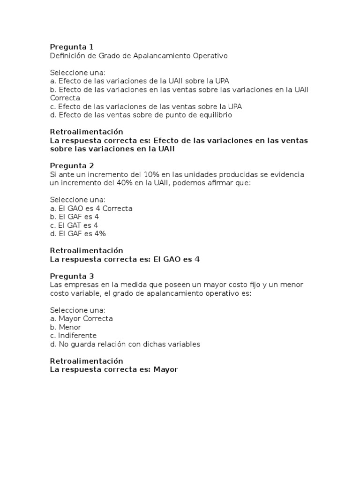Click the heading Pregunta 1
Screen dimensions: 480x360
tap(72, 47)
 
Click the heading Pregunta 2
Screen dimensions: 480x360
tap(72, 166)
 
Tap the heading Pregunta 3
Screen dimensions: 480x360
tap(72, 276)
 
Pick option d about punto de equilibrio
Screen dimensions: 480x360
tap(141, 115)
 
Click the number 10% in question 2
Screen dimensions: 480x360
tap(152, 174)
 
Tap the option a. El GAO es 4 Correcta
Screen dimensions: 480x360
tap(91, 208)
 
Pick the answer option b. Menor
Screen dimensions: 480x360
tap(66, 327)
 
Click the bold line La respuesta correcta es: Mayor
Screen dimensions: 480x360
tap(114, 369)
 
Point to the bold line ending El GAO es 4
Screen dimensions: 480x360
tap(125, 259)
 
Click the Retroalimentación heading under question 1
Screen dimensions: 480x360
tap(86, 132)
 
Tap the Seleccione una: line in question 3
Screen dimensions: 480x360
tap(78, 310)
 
